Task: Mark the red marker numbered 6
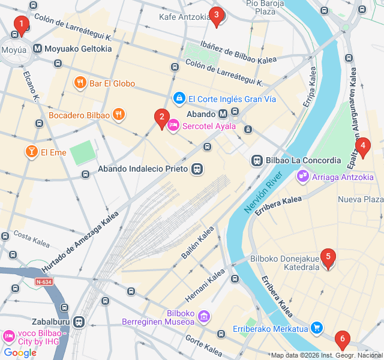click(342, 340)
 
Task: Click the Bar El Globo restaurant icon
click(79, 83)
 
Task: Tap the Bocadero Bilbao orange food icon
click(119, 115)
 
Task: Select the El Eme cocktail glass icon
click(30, 152)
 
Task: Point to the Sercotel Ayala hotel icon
click(173, 126)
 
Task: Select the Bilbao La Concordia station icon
click(257, 161)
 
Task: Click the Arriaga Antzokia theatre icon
click(303, 176)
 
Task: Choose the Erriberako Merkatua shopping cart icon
click(317, 328)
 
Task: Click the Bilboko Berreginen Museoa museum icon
click(204, 316)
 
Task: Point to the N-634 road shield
click(43, 281)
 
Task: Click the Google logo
click(20, 352)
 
